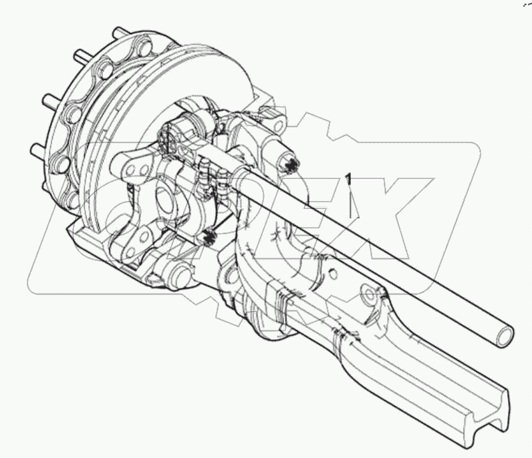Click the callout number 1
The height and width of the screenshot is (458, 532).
pos(348,179)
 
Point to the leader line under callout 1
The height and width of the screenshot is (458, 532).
pos(351,204)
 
